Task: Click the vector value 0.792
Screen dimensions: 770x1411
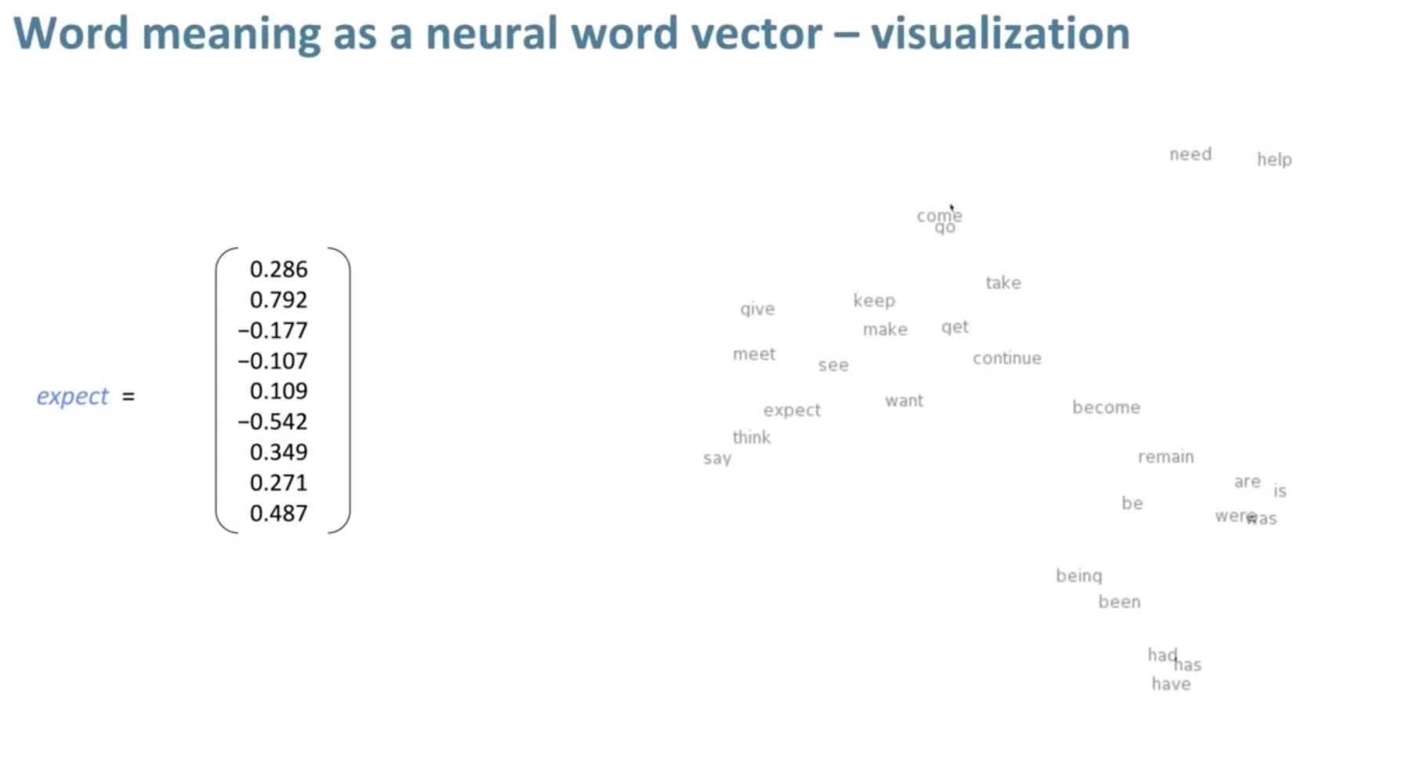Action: [278, 300]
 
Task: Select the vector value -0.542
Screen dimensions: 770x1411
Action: [273, 422]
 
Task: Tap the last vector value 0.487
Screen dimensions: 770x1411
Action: [278, 514]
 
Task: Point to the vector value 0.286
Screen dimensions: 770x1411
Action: [278, 270]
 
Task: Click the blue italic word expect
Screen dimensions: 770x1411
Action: [72, 397]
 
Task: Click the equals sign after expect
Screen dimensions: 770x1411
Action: [129, 397]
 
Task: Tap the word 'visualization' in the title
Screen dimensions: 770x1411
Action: [1000, 34]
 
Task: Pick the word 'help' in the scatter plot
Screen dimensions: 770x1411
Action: [1274, 160]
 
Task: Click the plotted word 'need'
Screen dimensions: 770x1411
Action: [1190, 154]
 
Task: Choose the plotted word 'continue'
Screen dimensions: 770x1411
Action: [1007, 358]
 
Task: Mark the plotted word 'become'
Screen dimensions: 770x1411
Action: [1105, 408]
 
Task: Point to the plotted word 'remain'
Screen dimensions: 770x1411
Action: [1166, 457]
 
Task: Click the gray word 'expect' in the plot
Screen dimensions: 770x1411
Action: [792, 410]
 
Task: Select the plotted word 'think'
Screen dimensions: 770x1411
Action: [751, 438]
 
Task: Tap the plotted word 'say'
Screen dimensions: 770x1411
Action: [716, 459]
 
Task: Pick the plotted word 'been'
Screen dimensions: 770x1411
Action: [1119, 602]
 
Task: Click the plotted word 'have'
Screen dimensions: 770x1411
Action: [1170, 685]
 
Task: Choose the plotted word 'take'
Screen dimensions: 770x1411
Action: [1003, 283]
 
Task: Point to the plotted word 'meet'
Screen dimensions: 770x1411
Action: [753, 354]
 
